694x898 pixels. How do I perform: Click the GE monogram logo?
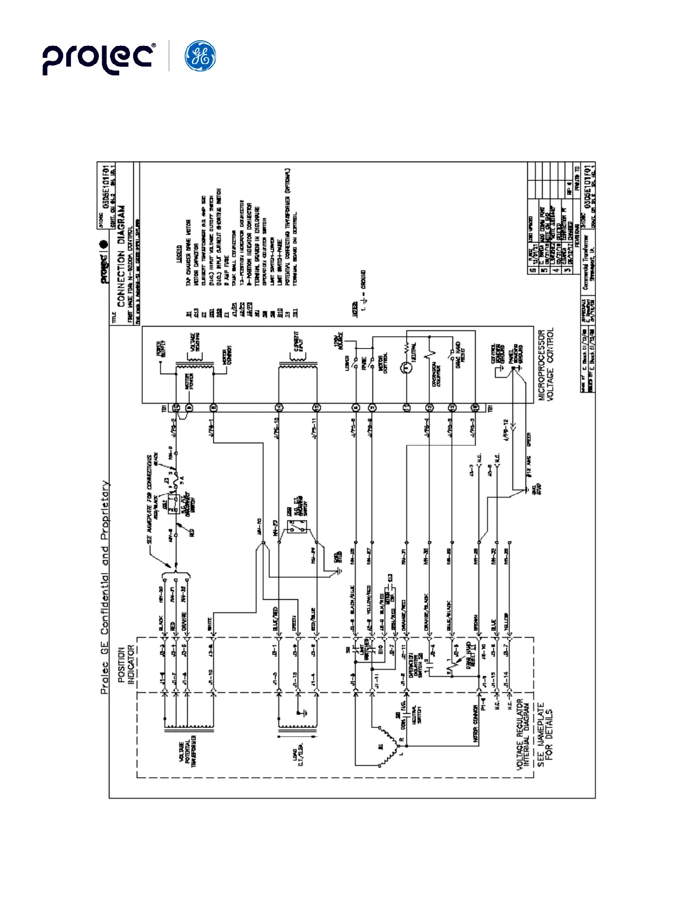200,57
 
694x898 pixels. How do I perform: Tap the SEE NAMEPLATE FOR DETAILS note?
544,735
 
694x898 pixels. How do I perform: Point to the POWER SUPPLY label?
160,348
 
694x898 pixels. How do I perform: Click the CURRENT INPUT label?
298,342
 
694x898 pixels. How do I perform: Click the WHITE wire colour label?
210,624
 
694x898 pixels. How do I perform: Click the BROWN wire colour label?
476,621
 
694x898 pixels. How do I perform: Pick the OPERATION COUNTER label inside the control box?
436,375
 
